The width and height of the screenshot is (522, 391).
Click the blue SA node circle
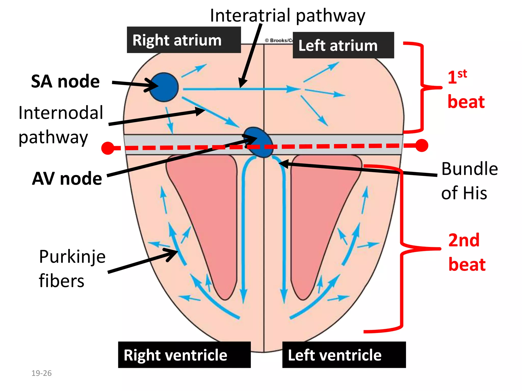pos(164,87)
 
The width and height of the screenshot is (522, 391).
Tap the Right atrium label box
pos(184,40)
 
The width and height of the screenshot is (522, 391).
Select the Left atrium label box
pos(343,45)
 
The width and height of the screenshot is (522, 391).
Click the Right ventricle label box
pos(184,355)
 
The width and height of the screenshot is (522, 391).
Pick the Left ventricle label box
pos(344,355)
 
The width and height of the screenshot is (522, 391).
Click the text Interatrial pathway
pos(287,16)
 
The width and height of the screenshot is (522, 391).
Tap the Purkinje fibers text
pos(72,268)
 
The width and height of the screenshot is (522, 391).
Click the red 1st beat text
pos(466,89)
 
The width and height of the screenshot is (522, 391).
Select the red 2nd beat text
pos(466,252)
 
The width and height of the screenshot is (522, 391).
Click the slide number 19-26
pos(41,373)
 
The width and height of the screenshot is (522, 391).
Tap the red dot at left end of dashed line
pos(108,148)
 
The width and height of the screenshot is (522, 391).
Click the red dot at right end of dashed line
pos(422,145)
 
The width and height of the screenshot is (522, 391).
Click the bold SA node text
pos(65,81)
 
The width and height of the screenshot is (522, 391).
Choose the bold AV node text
pos(67,178)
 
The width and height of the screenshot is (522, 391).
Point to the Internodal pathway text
pos(61,125)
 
